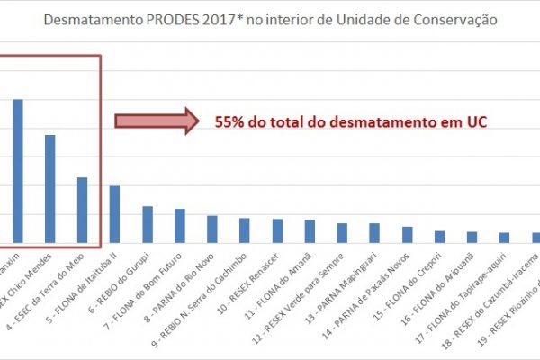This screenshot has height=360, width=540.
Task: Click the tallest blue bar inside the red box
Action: coord(17,171)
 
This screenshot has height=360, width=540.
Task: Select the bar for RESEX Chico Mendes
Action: coord(49,189)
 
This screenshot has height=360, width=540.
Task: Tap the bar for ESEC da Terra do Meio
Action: coord(82,211)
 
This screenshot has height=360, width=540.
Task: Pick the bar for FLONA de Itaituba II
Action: coord(114,215)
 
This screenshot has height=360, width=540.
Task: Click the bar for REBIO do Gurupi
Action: coord(148,225)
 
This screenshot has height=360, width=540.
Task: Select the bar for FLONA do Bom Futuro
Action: coord(180,226)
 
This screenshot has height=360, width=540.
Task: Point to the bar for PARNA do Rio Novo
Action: coord(212,229)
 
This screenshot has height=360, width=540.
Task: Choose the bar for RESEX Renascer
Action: coord(277,231)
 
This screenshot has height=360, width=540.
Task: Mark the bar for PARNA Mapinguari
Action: coord(374,233)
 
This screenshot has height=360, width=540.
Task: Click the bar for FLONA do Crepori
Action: coord(439,237)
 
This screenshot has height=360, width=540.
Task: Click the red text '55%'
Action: coord(229,122)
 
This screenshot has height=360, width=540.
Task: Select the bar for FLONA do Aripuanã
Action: coord(472,238)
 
